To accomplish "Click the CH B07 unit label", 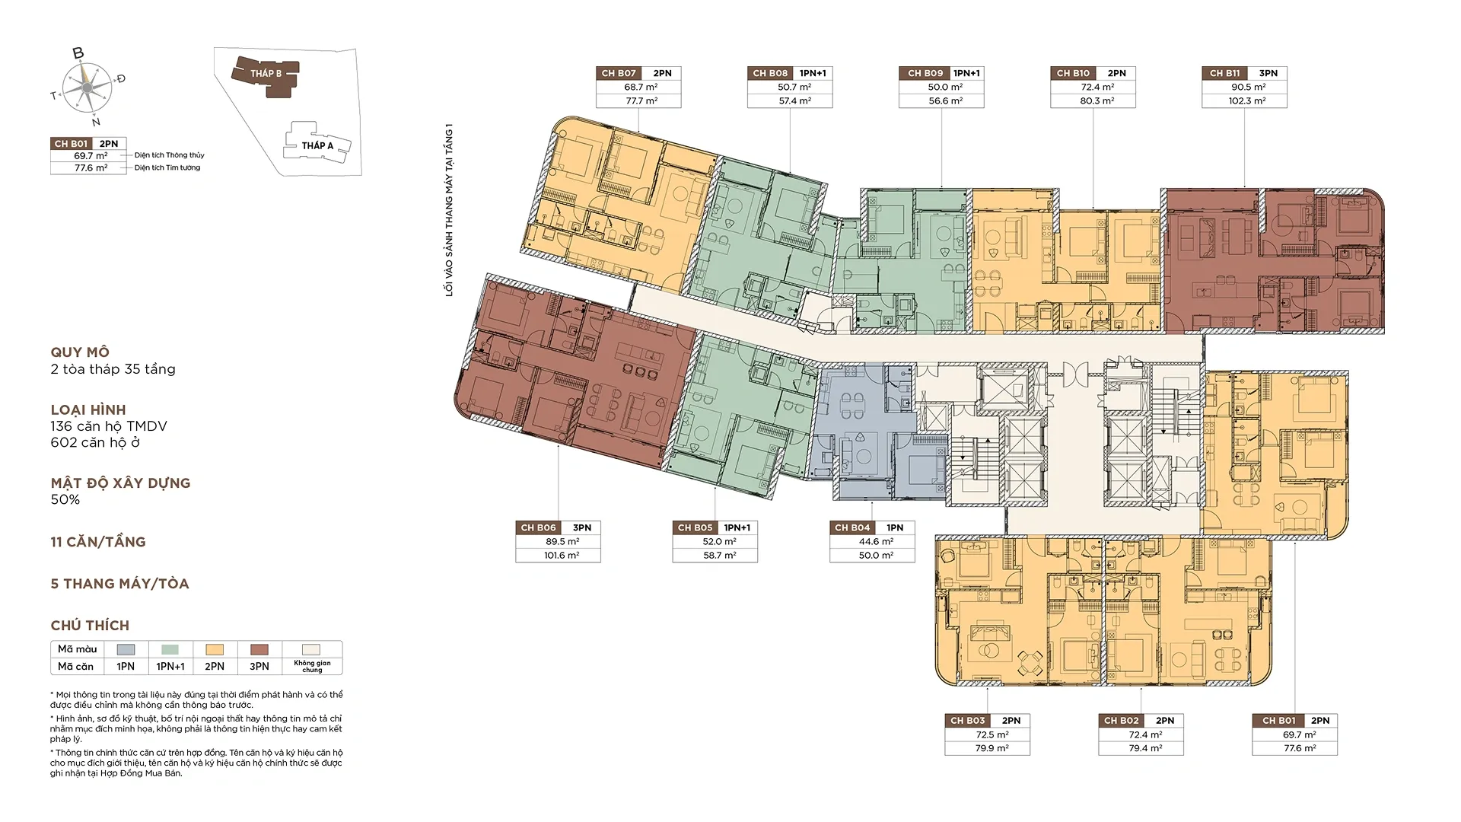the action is click(x=618, y=73).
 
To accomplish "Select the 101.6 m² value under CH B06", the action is click(x=562, y=556).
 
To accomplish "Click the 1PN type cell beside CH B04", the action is click(x=895, y=527).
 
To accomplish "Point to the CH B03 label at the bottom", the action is click(x=967, y=720).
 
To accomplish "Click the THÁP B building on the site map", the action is click(x=266, y=74).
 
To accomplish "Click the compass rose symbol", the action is click(x=86, y=86).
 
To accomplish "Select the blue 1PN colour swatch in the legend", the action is click(x=126, y=649).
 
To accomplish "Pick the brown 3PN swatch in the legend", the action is click(x=259, y=649).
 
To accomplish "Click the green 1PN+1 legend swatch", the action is click(x=170, y=649).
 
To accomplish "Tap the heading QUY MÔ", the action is click(x=80, y=352).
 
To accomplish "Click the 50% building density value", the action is click(x=65, y=499).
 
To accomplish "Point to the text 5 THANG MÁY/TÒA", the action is click(x=119, y=584).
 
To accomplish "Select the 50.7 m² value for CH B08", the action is click(x=794, y=87).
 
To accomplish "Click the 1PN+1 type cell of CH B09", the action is click(x=966, y=73).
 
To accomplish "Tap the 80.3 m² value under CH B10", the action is click(x=1097, y=100).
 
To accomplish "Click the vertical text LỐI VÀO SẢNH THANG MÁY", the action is click(x=450, y=209).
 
